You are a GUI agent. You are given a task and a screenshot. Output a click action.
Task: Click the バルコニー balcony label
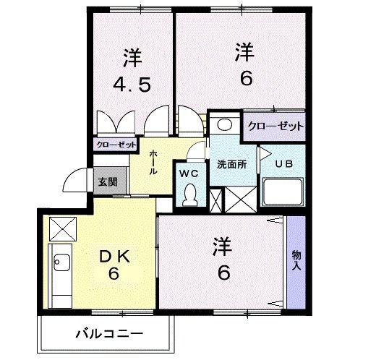click(109, 334)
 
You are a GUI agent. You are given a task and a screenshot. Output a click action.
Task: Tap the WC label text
click(189, 173)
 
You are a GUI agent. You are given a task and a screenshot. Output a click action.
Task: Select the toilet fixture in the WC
click(190, 193)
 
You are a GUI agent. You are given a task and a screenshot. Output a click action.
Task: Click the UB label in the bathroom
click(282, 164)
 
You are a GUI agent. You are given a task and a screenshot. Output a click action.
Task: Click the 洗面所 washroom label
click(232, 164)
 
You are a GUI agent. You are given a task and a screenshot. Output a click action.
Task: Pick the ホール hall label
click(154, 163)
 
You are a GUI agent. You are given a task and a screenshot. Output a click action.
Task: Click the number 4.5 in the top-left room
click(132, 85)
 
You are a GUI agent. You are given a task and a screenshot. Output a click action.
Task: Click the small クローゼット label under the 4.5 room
click(116, 145)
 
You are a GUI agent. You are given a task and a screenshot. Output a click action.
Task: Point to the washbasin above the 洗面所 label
click(224, 124)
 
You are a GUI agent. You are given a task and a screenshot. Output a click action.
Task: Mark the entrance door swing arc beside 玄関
click(75, 180)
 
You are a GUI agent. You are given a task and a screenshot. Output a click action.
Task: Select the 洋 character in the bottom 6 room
click(223, 247)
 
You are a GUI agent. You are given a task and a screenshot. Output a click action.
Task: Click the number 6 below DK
click(113, 275)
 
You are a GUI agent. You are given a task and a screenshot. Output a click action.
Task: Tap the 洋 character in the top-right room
click(246, 53)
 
